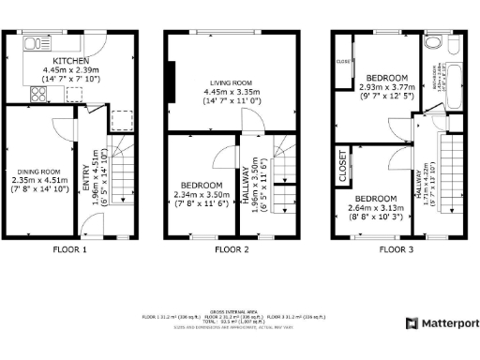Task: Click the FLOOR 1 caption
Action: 69,250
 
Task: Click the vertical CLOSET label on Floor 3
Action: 343,168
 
